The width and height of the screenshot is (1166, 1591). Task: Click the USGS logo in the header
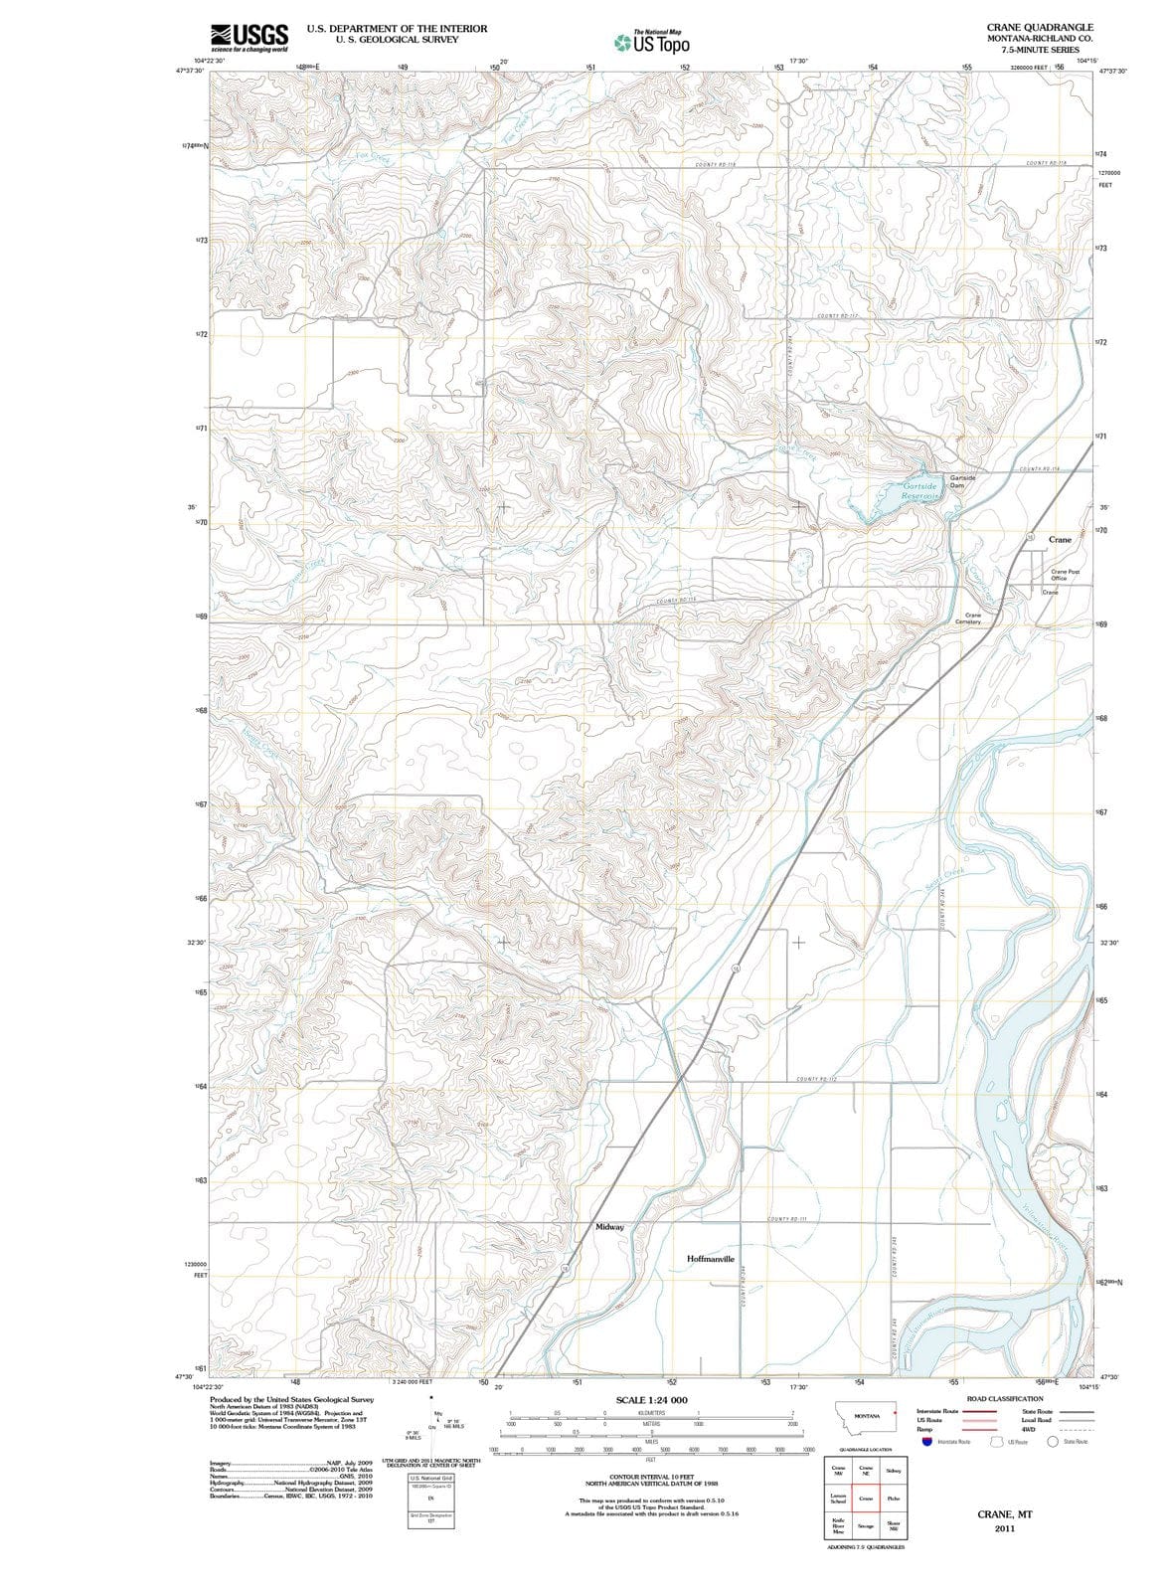coord(249,38)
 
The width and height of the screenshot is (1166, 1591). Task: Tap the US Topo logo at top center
coord(652,43)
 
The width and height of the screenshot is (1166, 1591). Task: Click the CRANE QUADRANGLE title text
coord(1040,27)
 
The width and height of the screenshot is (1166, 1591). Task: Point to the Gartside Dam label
coord(962,481)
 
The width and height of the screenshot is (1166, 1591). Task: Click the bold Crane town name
coord(1060,540)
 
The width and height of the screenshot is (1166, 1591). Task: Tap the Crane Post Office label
coord(1065,575)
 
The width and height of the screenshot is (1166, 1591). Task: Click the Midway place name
coord(609,1227)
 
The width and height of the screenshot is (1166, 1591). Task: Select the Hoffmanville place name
coord(711,1259)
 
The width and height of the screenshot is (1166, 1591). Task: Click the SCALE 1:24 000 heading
coord(651,1400)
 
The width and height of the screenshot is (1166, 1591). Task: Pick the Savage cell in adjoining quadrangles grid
coord(866,1525)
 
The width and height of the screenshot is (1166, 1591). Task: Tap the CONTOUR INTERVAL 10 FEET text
coord(651,1478)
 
